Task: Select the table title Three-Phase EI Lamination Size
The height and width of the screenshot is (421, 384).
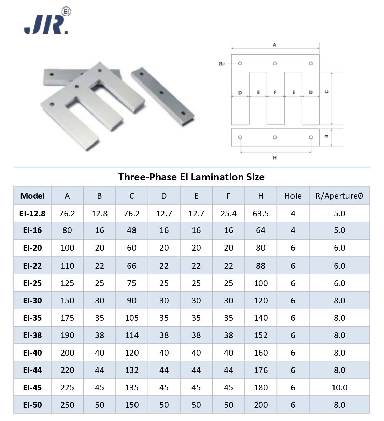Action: click(191, 177)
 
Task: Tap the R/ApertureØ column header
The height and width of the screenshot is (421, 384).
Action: click(339, 196)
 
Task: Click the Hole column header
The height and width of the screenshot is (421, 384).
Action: click(293, 196)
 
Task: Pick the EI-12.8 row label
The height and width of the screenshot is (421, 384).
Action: click(32, 214)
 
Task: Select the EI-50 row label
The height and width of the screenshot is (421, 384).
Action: click(32, 405)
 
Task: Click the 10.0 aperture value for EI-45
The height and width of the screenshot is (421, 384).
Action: click(339, 388)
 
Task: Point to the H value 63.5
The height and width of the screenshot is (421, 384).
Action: click(260, 214)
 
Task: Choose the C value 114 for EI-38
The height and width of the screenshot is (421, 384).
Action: click(132, 335)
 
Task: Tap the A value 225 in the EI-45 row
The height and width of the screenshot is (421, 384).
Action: click(67, 388)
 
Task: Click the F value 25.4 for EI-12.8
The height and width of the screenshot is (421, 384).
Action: click(228, 214)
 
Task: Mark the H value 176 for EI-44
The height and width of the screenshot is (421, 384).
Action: click(260, 370)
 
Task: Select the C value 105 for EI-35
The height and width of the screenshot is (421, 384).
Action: click(132, 318)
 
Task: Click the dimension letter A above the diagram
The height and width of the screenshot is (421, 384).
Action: click(275, 45)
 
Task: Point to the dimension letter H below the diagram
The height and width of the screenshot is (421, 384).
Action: click(275, 158)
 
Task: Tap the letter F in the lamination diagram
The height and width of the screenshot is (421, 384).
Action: click(275, 92)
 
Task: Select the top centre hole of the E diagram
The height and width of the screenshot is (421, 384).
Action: click(275, 64)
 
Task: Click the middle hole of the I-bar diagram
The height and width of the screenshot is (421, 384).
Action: click(275, 137)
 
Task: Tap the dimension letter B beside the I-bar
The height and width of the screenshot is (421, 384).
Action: click(326, 137)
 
